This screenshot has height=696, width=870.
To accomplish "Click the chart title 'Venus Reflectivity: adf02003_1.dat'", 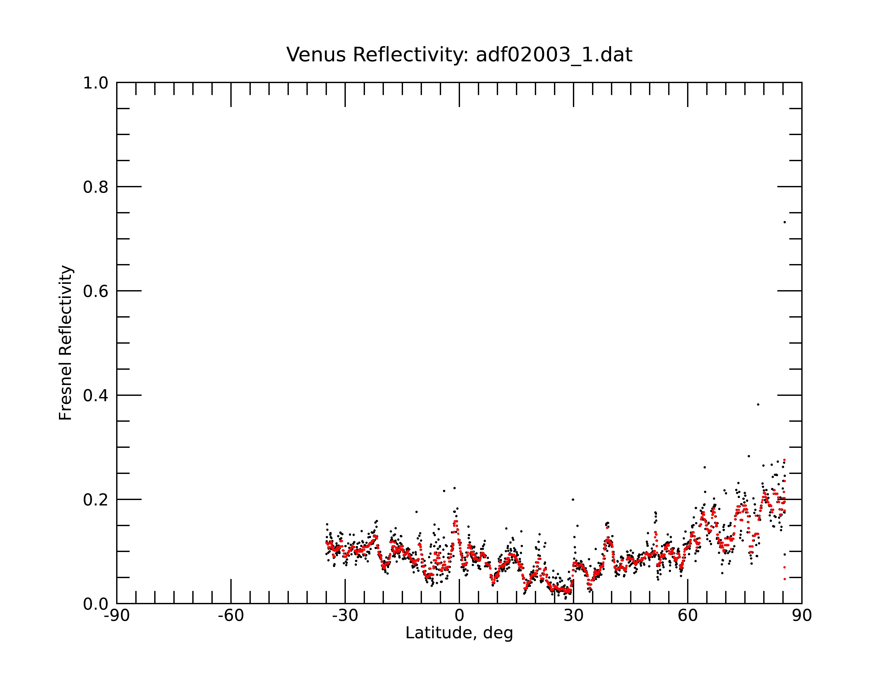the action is coord(459,55).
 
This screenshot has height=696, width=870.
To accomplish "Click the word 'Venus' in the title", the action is coord(316,55).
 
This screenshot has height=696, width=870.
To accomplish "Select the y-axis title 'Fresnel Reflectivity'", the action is coord(66,343).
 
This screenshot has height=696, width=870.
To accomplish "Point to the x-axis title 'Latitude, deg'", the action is coord(459,633).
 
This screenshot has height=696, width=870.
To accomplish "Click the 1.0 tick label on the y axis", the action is coord(96,83).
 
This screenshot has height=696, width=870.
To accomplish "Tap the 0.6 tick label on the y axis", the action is coord(96,291).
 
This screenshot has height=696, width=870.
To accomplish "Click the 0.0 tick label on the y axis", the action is coord(96,604).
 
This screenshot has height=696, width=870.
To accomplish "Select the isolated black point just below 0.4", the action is coord(758,404).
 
